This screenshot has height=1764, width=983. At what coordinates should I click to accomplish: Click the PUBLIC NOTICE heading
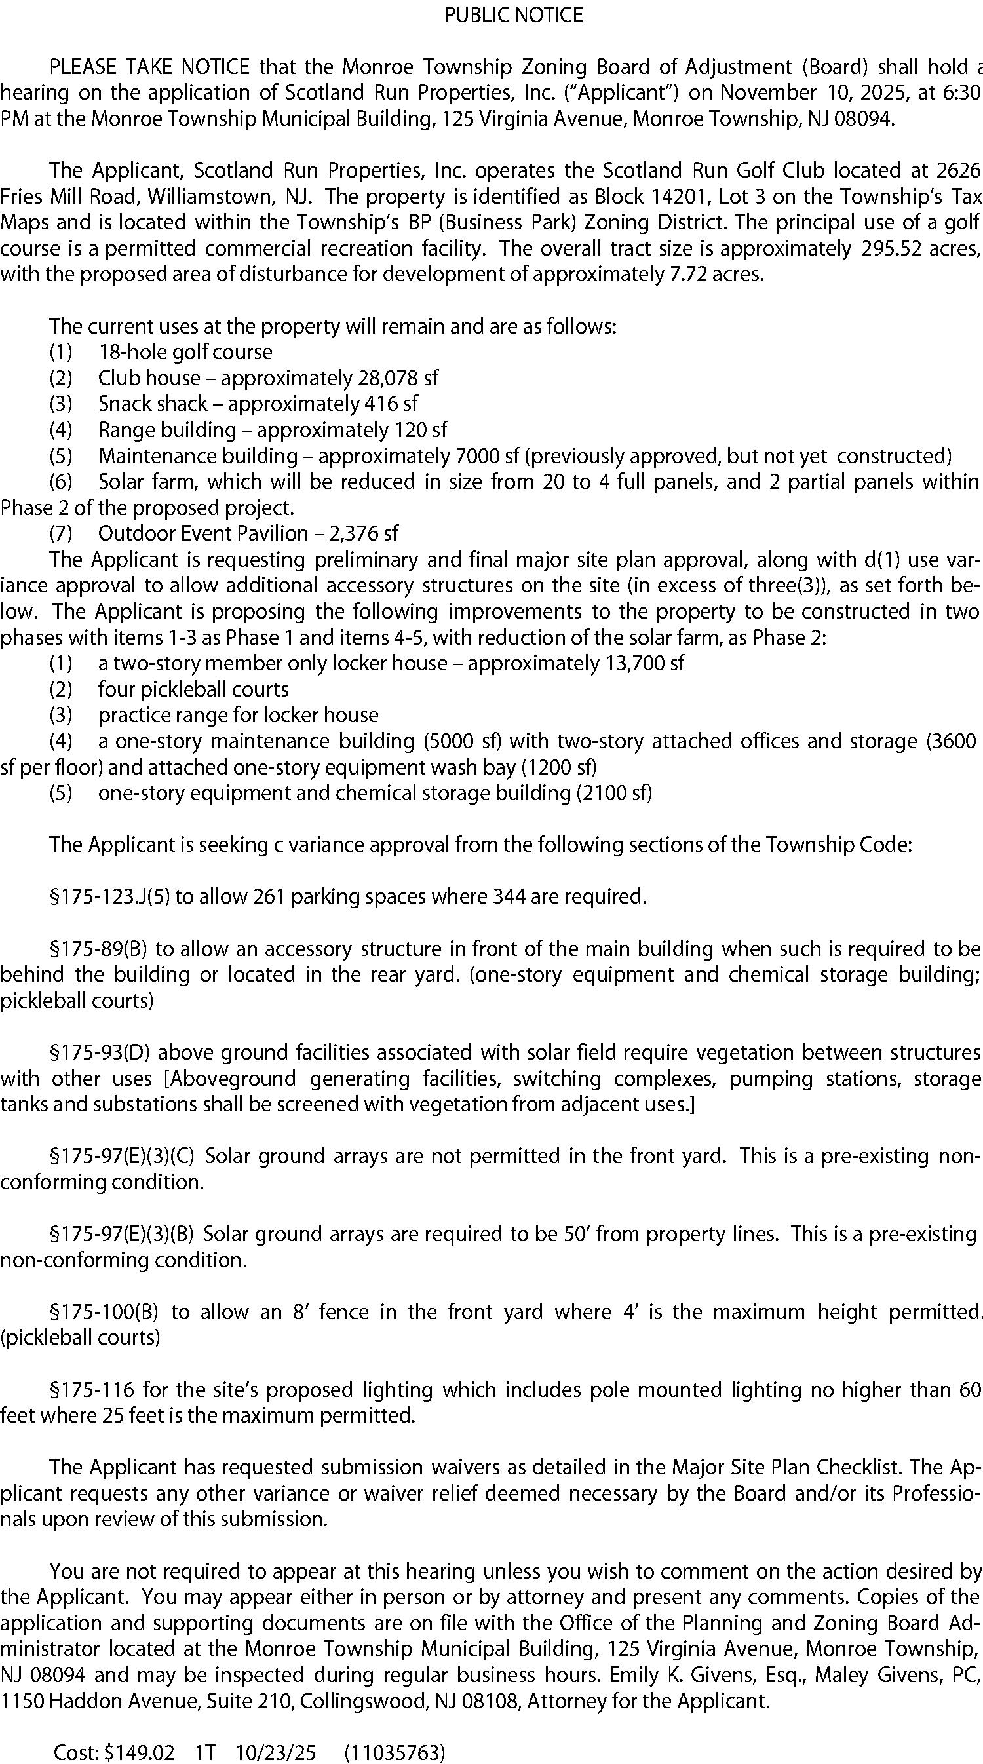tap(513, 15)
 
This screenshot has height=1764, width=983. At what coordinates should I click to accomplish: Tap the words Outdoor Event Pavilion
tap(202, 533)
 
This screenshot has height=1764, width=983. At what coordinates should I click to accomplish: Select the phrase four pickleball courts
tap(193, 689)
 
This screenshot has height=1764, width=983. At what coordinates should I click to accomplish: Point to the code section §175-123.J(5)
tap(109, 896)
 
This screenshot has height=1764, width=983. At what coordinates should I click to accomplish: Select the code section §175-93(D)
tap(100, 1052)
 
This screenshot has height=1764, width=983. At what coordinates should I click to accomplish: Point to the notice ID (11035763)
tap(394, 1753)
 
